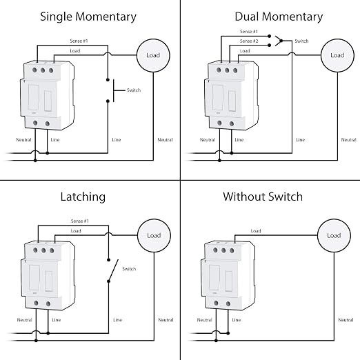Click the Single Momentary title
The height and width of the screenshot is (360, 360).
pyautogui.click(x=88, y=17)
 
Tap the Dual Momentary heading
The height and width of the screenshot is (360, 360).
pyautogui.click(x=279, y=17)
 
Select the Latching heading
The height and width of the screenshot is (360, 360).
pyautogui.click(x=83, y=197)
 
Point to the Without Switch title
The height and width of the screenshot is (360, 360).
pyautogui.click(x=263, y=197)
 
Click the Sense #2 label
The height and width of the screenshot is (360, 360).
pyautogui.click(x=249, y=41)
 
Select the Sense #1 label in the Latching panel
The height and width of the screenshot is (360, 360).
pyautogui.click(x=80, y=221)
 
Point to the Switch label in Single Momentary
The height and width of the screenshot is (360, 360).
pyautogui.click(x=134, y=90)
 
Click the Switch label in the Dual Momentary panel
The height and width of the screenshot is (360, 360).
pyautogui.click(x=301, y=41)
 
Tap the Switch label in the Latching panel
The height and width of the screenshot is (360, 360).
pyautogui.click(x=129, y=269)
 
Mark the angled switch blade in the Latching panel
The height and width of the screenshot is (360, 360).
pyautogui.click(x=113, y=270)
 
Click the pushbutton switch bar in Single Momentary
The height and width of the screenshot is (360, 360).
pyautogui.click(x=114, y=90)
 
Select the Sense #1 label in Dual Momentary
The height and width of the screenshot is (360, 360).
pyautogui.click(x=249, y=32)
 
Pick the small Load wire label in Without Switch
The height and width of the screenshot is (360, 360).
pyautogui.click(x=256, y=231)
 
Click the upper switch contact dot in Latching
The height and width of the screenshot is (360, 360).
pyautogui.click(x=109, y=260)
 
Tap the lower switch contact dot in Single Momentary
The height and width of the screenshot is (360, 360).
pyautogui.click(x=108, y=101)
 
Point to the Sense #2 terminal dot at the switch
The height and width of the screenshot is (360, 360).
pyautogui.click(x=270, y=46)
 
